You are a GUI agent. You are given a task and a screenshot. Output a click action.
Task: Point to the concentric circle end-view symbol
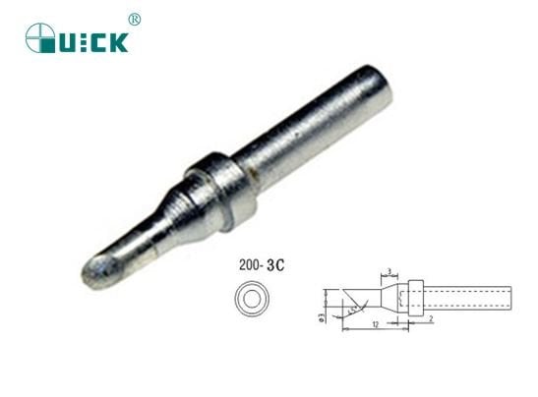(x=253, y=297)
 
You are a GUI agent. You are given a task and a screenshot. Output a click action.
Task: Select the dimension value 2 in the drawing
(x=431, y=318)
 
